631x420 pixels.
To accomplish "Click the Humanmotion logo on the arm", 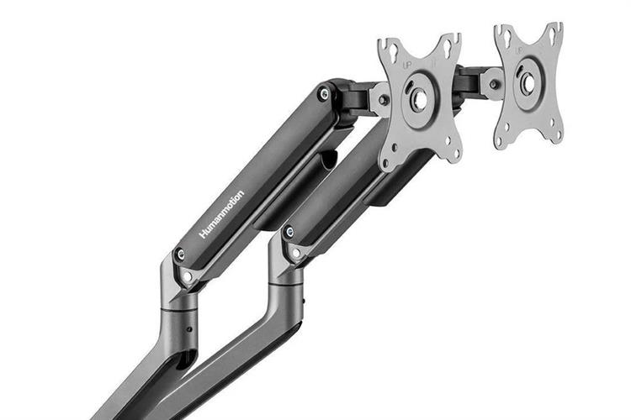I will coord(221,214).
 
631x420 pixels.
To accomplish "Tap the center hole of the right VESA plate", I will coord(528,81).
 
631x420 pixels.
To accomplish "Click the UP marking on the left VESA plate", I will coord(408,64).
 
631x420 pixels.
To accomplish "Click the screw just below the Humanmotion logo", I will coord(180,254).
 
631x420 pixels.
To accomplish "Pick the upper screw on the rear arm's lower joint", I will coord(289,231).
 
